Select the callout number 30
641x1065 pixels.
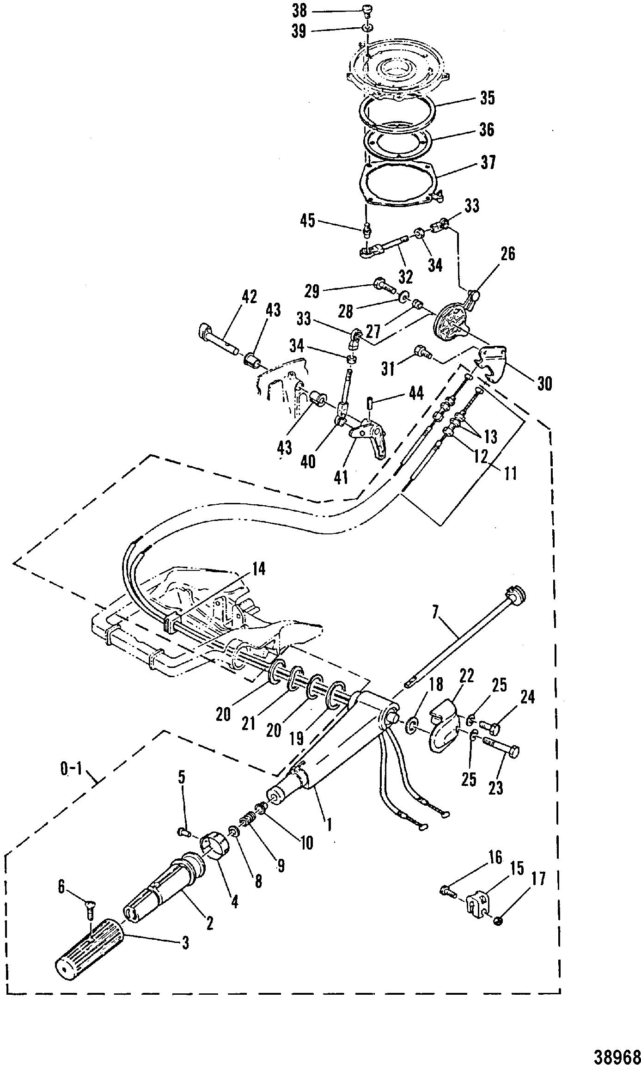[x=544, y=383]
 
